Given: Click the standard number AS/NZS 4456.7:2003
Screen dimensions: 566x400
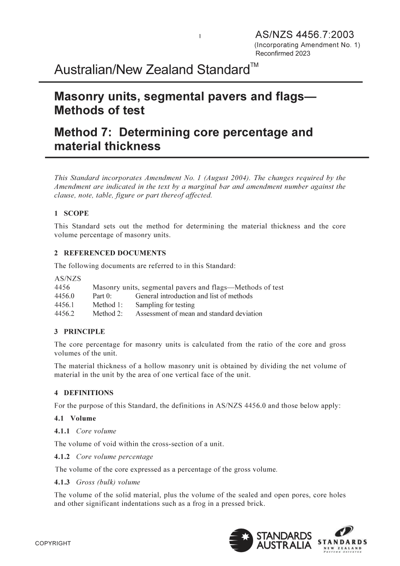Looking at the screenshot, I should point(304,35).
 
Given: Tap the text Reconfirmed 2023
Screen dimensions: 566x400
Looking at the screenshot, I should point(283,53).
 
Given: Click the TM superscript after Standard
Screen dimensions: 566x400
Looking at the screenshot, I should point(254,65).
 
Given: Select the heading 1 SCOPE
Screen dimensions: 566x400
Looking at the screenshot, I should point(71,213).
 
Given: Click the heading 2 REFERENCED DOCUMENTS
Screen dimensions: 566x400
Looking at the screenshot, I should point(110,253).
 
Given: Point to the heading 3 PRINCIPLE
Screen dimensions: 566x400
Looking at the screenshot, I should point(80,331).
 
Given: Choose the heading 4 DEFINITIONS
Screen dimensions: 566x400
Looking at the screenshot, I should point(84,393).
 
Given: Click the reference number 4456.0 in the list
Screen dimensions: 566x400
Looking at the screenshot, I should point(64,296).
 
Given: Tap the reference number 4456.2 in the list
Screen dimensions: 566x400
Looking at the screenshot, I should point(64,314).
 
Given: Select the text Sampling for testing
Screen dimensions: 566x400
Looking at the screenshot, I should point(165,305).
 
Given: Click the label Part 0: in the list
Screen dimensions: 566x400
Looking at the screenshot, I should point(102,296).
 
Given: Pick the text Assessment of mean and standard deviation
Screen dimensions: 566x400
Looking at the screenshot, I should point(199,314).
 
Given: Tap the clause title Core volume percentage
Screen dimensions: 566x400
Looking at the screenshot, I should point(115,457).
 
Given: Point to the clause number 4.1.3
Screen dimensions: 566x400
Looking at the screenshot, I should point(62,482).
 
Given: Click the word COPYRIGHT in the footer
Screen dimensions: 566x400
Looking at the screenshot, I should point(53,543).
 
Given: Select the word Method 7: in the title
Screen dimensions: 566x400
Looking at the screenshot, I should point(83,132).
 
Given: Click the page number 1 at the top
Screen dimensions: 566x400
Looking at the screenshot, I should point(200,36).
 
